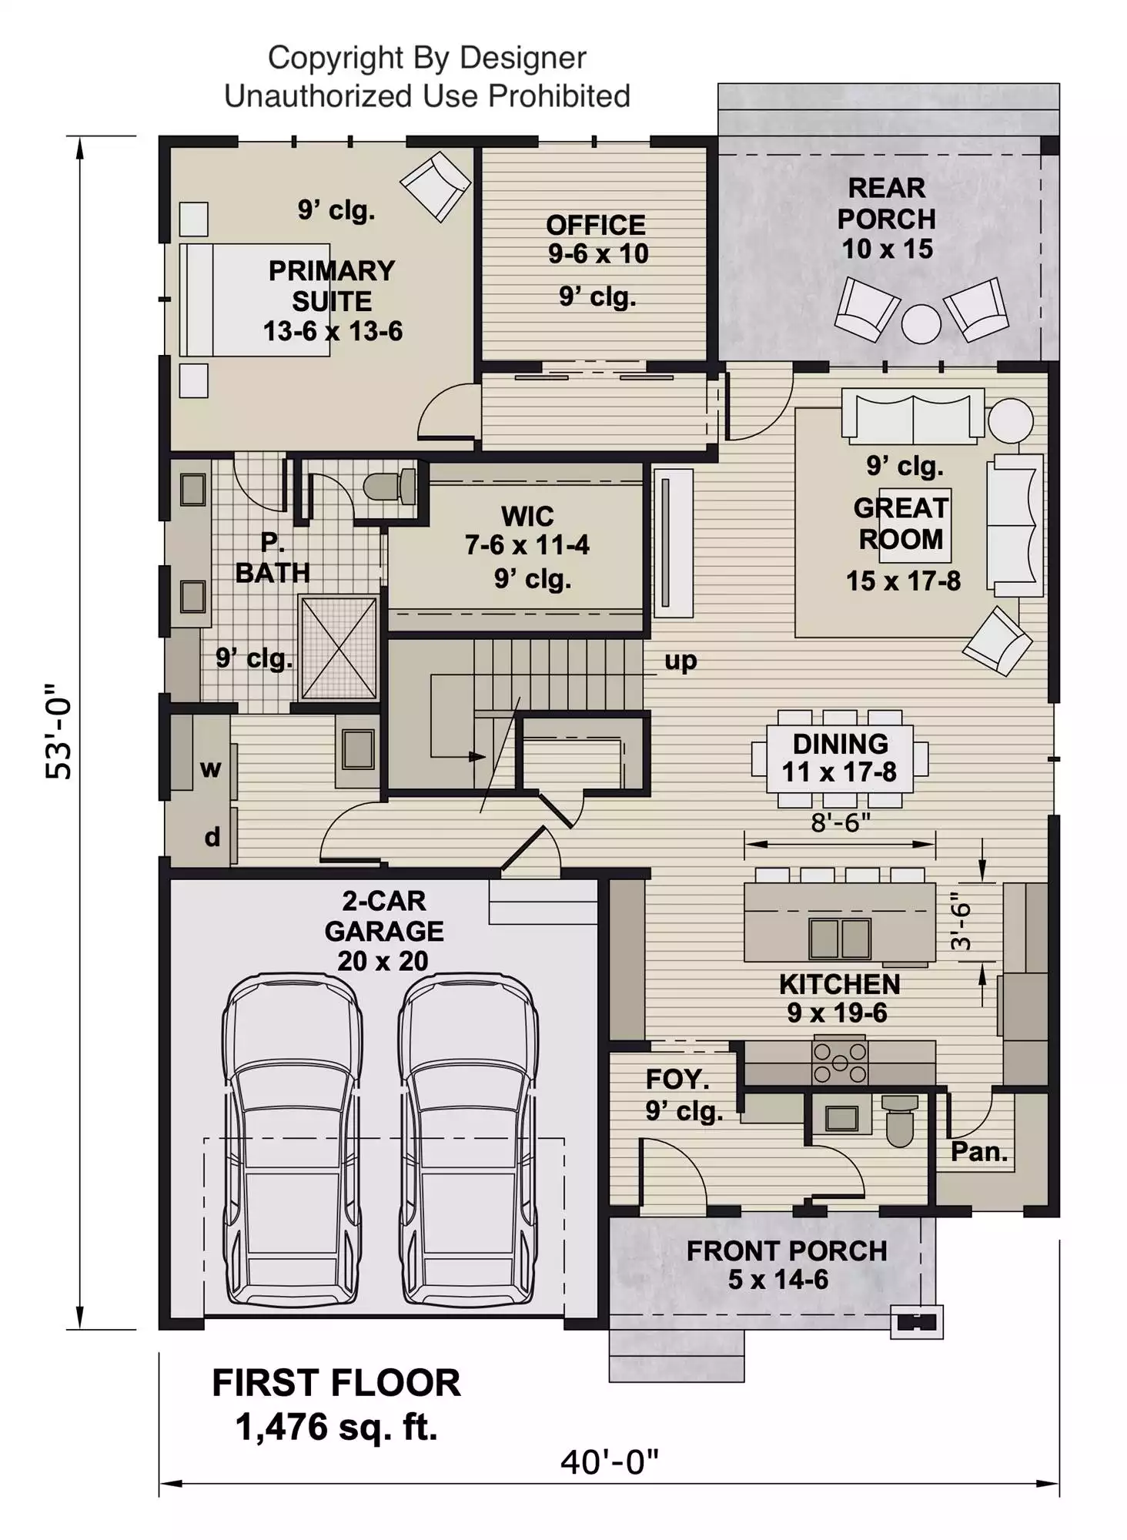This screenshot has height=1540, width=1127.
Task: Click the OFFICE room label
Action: pyautogui.click(x=596, y=225)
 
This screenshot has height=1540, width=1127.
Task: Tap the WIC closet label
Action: pyautogui.click(x=527, y=516)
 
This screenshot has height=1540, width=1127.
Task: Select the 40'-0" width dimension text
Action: pyautogui.click(x=610, y=1462)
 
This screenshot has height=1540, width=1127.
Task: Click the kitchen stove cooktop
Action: pyautogui.click(x=840, y=1063)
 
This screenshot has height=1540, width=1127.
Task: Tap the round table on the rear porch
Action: pyautogui.click(x=921, y=323)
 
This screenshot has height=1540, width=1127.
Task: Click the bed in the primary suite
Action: pyautogui.click(x=254, y=300)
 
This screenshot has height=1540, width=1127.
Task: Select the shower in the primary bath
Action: pyautogui.click(x=338, y=648)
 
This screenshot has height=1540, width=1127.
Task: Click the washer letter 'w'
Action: pyautogui.click(x=210, y=768)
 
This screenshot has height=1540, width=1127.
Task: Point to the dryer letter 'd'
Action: pyautogui.click(x=212, y=836)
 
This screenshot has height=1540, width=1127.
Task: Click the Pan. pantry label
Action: pyautogui.click(x=979, y=1151)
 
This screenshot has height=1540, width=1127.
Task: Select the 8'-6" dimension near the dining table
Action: pyautogui.click(x=841, y=822)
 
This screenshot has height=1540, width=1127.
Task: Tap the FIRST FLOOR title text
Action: pyautogui.click(x=336, y=1383)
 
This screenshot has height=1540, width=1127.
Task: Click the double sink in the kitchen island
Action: pyautogui.click(x=839, y=938)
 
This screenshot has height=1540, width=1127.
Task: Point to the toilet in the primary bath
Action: pyautogui.click(x=390, y=487)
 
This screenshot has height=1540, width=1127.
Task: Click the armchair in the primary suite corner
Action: pyautogui.click(x=436, y=186)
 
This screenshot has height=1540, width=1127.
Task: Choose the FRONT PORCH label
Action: pyautogui.click(x=787, y=1251)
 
